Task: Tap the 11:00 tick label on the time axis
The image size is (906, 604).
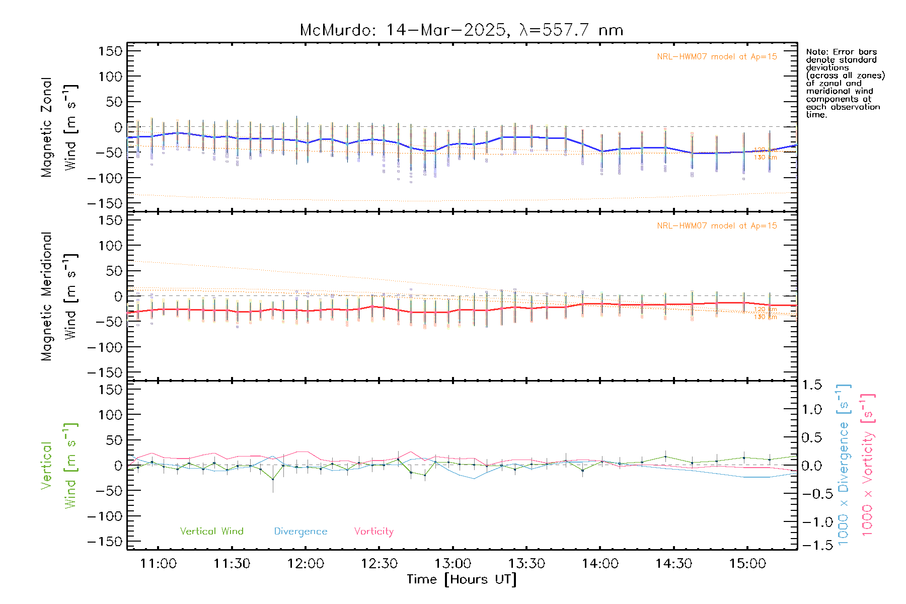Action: pyautogui.click(x=158, y=564)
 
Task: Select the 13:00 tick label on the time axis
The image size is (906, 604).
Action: pyautogui.click(x=452, y=564)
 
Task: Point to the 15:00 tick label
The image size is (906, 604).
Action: pyautogui.click(x=747, y=564)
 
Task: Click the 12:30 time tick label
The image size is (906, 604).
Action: pyautogui.click(x=379, y=564)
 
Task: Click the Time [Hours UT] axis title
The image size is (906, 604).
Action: pyautogui.click(x=462, y=579)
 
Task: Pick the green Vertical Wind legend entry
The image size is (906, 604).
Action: pyautogui.click(x=211, y=532)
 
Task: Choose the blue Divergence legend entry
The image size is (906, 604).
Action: pyautogui.click(x=300, y=532)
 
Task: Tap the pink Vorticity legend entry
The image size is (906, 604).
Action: pyautogui.click(x=373, y=532)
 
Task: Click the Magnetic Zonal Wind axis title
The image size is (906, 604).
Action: pyautogui.click(x=59, y=127)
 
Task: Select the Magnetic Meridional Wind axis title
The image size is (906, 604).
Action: pyautogui.click(x=59, y=296)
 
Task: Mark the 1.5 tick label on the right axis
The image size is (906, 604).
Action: pyautogui.click(x=811, y=385)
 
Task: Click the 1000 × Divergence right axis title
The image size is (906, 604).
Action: pyautogui.click(x=844, y=465)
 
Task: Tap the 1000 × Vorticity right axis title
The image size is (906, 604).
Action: pyautogui.click(x=868, y=465)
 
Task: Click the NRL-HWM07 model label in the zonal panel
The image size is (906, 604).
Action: pyautogui.click(x=717, y=57)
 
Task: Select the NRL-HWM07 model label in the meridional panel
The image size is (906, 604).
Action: pyautogui.click(x=717, y=226)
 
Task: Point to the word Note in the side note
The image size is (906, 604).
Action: pyautogui.click(x=816, y=52)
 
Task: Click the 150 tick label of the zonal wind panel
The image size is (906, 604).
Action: pyautogui.click(x=110, y=51)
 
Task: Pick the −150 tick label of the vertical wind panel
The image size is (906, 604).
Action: pyautogui.click(x=105, y=542)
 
